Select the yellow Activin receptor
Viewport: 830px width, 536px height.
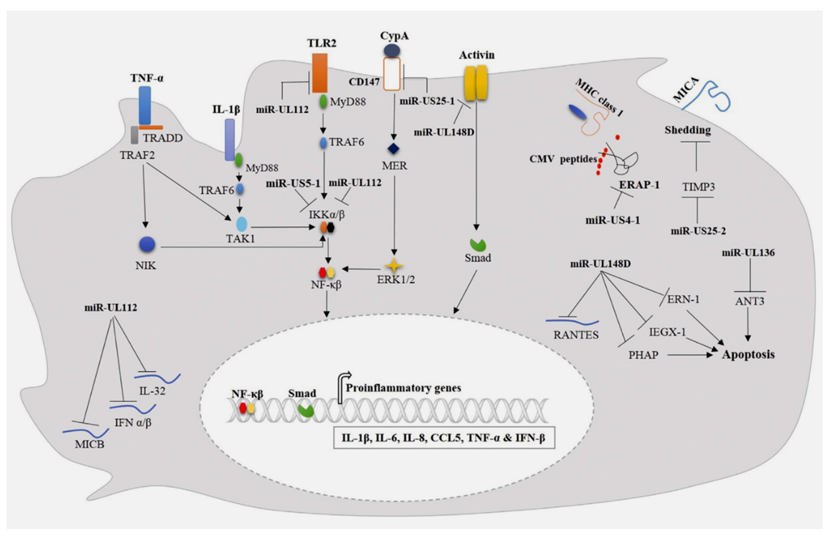coord(476,83)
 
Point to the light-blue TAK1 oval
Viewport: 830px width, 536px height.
coord(241,225)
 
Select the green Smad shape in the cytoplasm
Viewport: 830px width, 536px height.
coord(478,245)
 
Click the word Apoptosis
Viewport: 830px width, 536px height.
coord(748,354)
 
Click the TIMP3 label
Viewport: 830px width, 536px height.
coord(698,187)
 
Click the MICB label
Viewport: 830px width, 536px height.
coord(89,444)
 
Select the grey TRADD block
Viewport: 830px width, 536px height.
coord(134,135)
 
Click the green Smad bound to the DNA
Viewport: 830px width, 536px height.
coord(306,410)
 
